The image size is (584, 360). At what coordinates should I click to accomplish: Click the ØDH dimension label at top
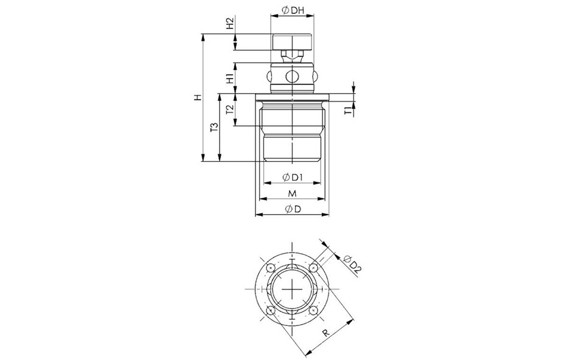tap(293, 10)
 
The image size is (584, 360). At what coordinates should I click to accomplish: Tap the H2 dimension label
tap(230, 23)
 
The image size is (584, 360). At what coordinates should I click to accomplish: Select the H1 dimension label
tap(230, 78)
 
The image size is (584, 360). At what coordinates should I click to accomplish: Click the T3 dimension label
tap(214, 127)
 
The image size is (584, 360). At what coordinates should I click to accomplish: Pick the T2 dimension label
tap(230, 109)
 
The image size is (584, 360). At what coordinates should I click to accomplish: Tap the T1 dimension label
tap(348, 111)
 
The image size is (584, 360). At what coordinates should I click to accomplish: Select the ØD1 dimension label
tap(292, 177)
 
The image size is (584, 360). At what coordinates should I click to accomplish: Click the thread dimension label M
tap(293, 193)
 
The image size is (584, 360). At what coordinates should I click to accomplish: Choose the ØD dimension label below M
tap(293, 209)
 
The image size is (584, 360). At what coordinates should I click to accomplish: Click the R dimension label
tap(326, 333)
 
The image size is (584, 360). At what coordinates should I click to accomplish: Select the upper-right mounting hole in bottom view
tap(314, 268)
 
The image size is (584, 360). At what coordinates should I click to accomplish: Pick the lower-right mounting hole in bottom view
tap(314, 311)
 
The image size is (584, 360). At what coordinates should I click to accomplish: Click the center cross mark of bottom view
tap(293, 289)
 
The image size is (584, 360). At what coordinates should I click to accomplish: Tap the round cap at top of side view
tap(292, 42)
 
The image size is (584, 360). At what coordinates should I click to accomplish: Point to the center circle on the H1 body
tap(292, 77)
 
